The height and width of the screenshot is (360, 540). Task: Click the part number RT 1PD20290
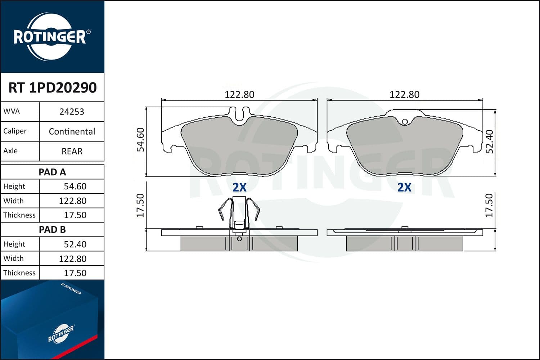coord(53,87)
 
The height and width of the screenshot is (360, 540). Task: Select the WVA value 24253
coord(72,112)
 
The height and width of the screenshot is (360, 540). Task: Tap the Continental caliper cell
coord(72,131)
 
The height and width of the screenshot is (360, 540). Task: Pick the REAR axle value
coord(72,151)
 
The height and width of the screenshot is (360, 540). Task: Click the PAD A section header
coord(53,172)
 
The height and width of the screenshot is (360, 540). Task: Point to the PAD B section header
coord(53,230)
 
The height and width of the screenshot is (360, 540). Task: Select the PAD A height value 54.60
coord(75,186)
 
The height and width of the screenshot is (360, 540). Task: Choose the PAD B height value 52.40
coord(75,244)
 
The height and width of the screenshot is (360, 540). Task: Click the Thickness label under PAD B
coord(19,273)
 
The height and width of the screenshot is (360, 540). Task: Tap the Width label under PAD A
coord(13,201)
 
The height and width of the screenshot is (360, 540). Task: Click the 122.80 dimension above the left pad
coord(239,95)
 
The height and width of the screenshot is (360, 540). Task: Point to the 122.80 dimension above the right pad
coord(404,95)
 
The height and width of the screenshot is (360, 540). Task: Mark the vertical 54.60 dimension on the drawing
coord(140,140)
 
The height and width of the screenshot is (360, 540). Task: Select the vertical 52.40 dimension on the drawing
coord(490,141)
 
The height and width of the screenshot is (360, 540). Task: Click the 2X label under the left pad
coord(239,187)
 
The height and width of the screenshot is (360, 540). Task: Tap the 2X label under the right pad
coord(404,187)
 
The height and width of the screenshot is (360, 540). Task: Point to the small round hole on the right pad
coord(405,122)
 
